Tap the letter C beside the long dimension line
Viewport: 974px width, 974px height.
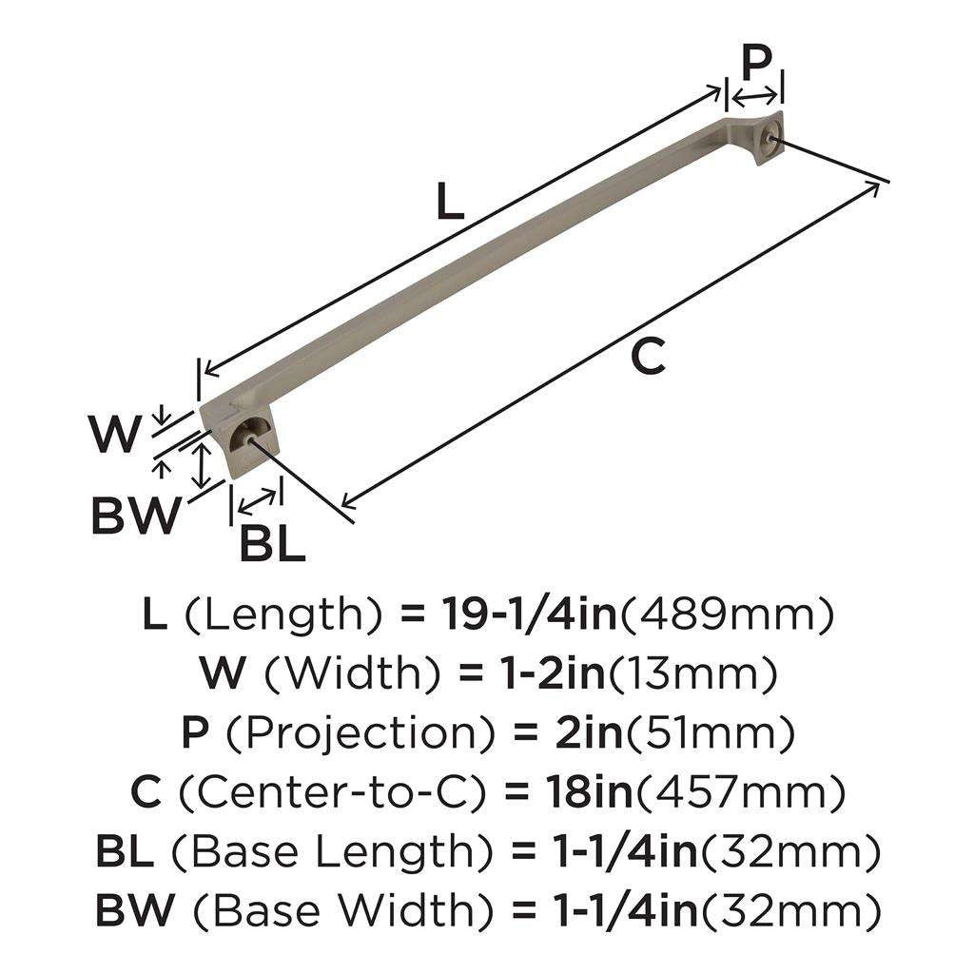point(647,359)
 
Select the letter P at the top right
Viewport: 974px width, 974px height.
point(756,65)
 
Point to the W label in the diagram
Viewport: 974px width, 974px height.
point(116,437)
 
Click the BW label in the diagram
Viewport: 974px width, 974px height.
point(136,517)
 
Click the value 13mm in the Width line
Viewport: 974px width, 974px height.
point(694,674)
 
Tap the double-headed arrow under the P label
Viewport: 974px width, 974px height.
point(755,95)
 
